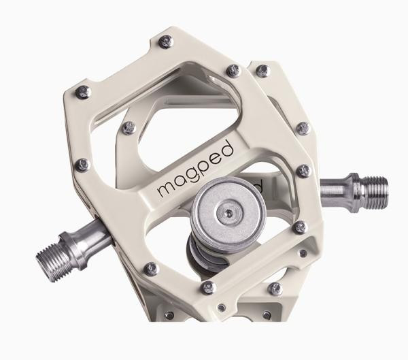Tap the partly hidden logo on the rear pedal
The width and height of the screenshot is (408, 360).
pos(258,184)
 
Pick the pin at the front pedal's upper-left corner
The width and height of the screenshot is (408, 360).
pos(82,92)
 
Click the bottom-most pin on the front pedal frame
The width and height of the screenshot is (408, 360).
pos(210,287)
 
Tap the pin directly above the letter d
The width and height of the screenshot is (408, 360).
pos(233,69)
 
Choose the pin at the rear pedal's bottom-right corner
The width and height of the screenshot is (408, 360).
pos(275,289)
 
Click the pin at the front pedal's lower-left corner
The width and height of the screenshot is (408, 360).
pos(152,269)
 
